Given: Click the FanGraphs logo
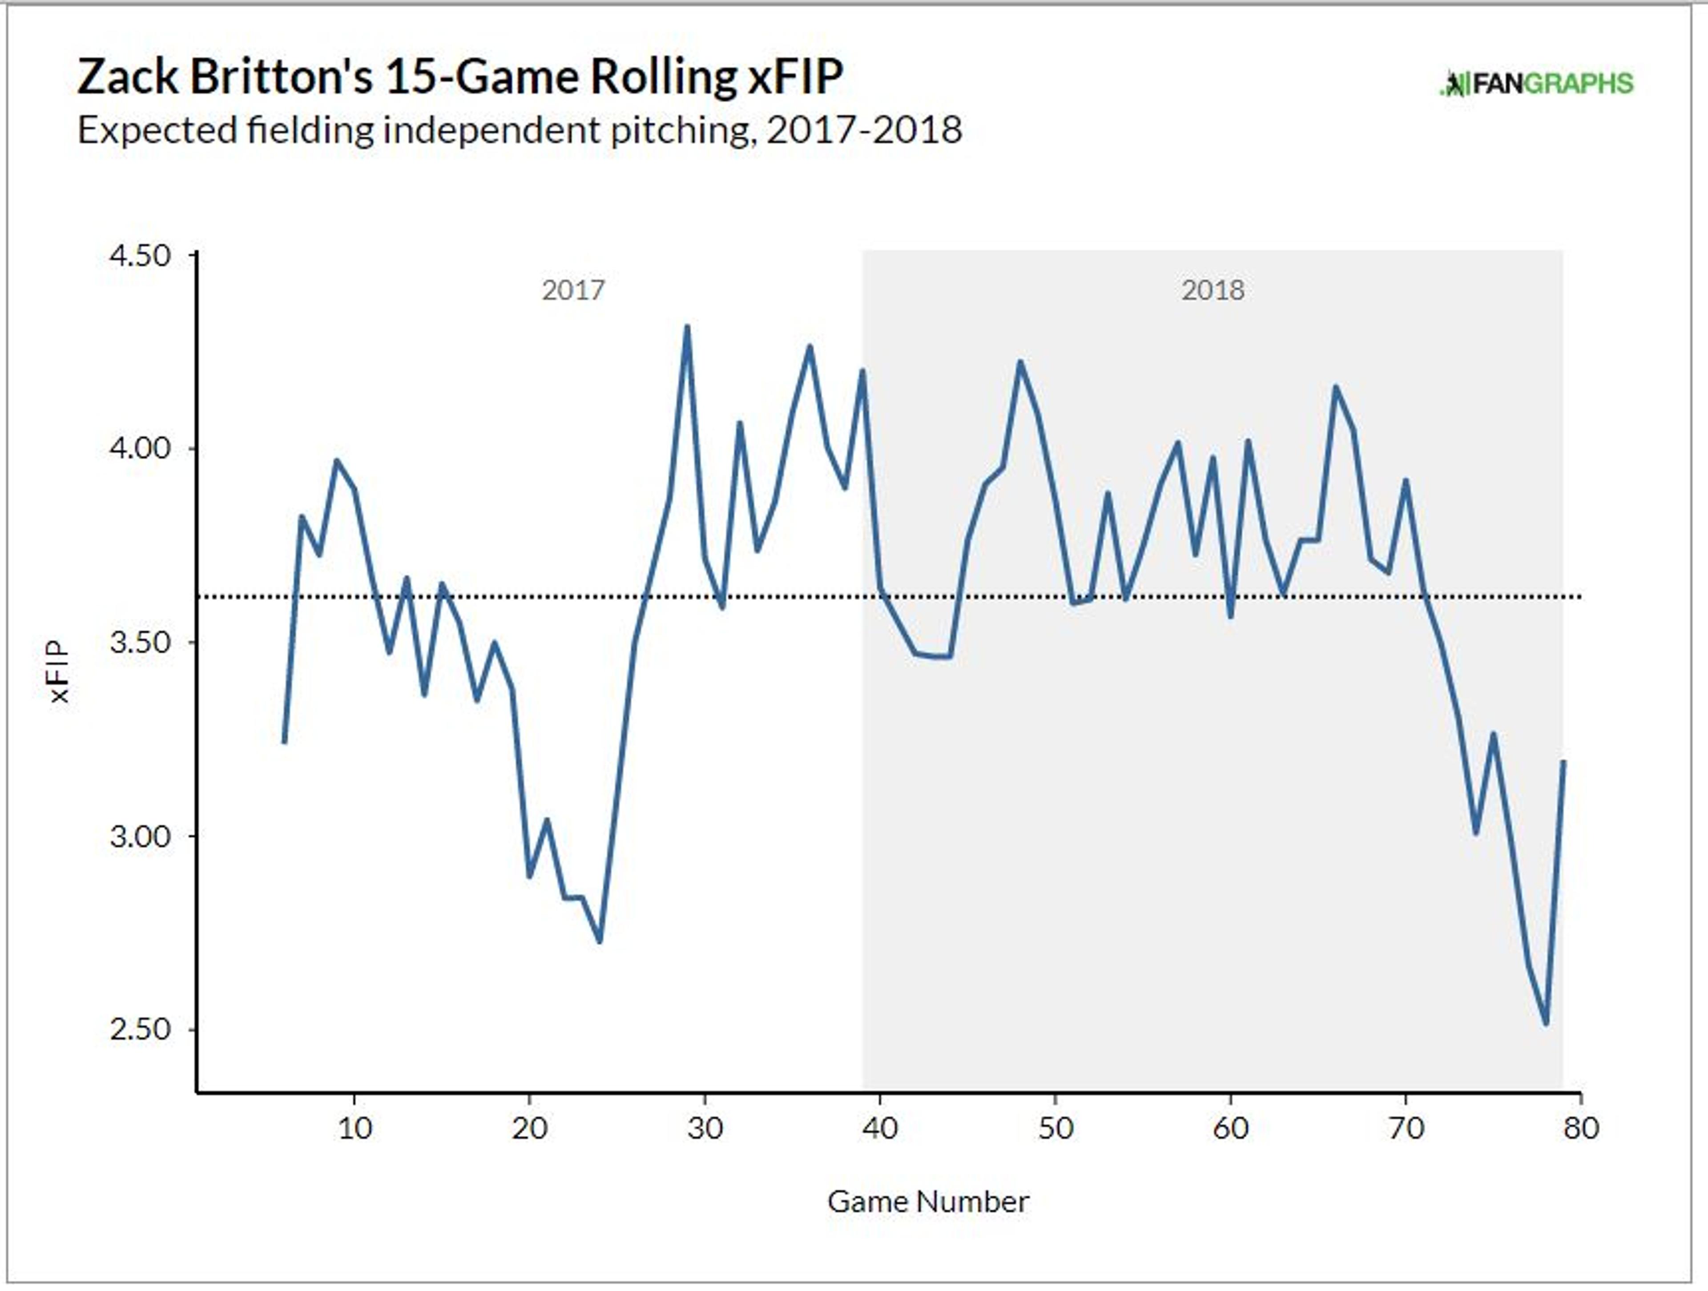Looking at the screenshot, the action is tap(1537, 84).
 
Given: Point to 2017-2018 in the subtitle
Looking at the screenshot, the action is tap(864, 130).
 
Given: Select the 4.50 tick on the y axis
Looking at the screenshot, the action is tap(140, 256).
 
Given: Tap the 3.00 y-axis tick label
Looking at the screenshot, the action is tap(140, 836).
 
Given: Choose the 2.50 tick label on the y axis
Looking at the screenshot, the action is tap(140, 1029).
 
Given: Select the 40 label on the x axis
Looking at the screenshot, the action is tap(880, 1129).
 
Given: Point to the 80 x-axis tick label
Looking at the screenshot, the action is tap(1581, 1129).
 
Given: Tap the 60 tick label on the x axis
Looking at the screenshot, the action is tap(1231, 1129).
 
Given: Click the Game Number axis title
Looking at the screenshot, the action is tap(928, 1202).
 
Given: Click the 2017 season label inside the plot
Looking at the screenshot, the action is tap(573, 290).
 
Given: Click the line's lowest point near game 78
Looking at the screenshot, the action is tap(1546, 1024).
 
